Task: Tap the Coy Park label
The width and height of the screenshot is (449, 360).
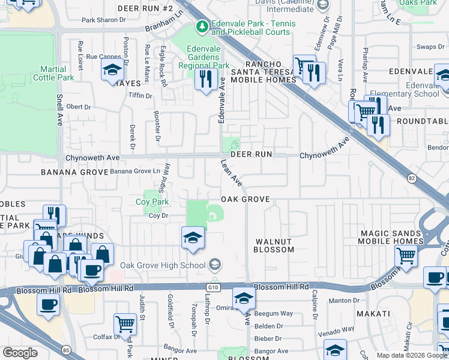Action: [152, 203]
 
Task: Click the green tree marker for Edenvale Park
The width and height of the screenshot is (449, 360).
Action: [202, 27]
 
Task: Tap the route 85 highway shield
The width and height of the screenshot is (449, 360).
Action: [64, 349]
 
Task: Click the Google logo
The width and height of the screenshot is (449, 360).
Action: [20, 353]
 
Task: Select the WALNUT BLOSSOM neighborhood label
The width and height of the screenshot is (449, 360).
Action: [273, 245]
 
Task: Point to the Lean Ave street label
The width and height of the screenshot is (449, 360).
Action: [231, 172]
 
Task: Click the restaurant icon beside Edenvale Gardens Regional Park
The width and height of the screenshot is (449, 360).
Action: [205, 79]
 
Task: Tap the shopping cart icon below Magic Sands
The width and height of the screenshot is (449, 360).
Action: [406, 256]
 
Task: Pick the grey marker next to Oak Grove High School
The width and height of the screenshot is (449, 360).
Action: [215, 265]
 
